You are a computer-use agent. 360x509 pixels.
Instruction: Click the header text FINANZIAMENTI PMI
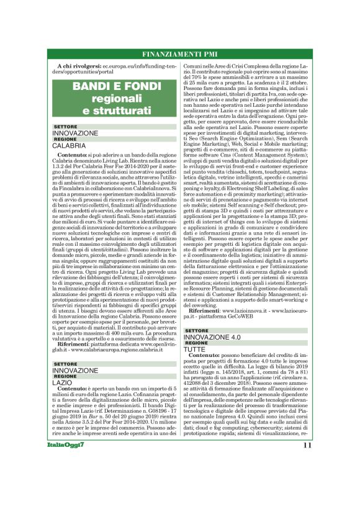(179, 54)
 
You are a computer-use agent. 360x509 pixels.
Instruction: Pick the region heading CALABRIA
(69, 145)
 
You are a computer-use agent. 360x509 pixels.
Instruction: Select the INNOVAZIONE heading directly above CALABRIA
(75, 133)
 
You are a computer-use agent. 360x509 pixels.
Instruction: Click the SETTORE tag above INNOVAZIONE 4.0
(197, 331)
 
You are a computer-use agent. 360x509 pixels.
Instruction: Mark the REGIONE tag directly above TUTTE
(197, 343)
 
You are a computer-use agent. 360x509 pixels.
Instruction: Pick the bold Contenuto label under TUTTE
(208, 357)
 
